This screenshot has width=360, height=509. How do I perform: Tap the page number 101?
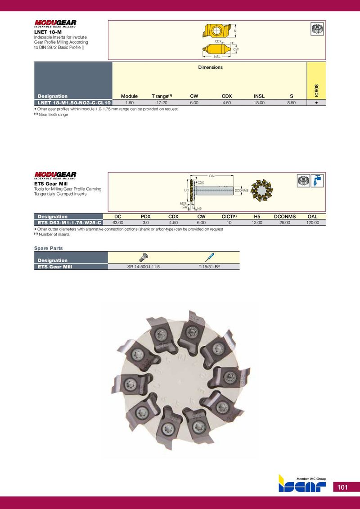342,487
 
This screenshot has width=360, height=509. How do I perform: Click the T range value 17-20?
162,103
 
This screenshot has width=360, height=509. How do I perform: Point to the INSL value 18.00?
259,103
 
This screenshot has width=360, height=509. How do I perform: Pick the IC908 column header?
316,90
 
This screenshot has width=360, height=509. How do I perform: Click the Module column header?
129,96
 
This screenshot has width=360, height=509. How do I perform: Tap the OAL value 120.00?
313,223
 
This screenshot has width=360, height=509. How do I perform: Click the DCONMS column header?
284,217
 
